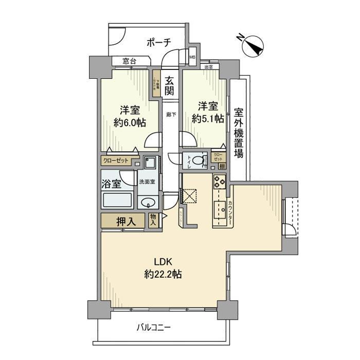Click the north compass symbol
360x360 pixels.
252,45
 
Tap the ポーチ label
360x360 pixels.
158,42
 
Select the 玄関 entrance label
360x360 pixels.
169,86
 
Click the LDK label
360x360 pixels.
163,261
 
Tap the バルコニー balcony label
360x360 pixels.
154,327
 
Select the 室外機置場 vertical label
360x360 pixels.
238,132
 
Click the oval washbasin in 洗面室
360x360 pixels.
148,202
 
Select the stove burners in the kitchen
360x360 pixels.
220,182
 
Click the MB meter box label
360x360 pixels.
192,57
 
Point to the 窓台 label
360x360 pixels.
129,61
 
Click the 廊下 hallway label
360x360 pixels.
170,114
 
